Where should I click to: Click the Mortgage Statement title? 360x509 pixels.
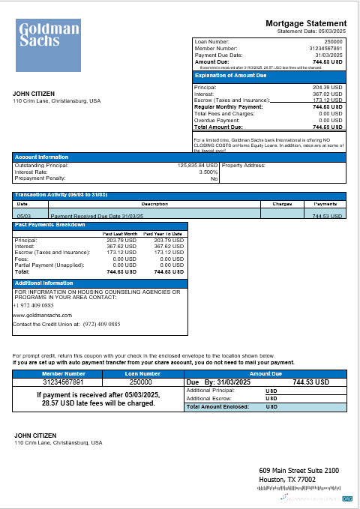(306, 24)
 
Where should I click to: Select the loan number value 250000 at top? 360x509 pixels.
(334, 41)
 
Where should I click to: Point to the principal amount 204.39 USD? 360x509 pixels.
(328, 88)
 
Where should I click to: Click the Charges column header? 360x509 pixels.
(281, 203)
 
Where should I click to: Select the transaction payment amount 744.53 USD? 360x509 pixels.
(325, 215)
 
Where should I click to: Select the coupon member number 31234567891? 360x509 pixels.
(64, 382)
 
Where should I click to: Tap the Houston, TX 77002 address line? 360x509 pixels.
(286, 479)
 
